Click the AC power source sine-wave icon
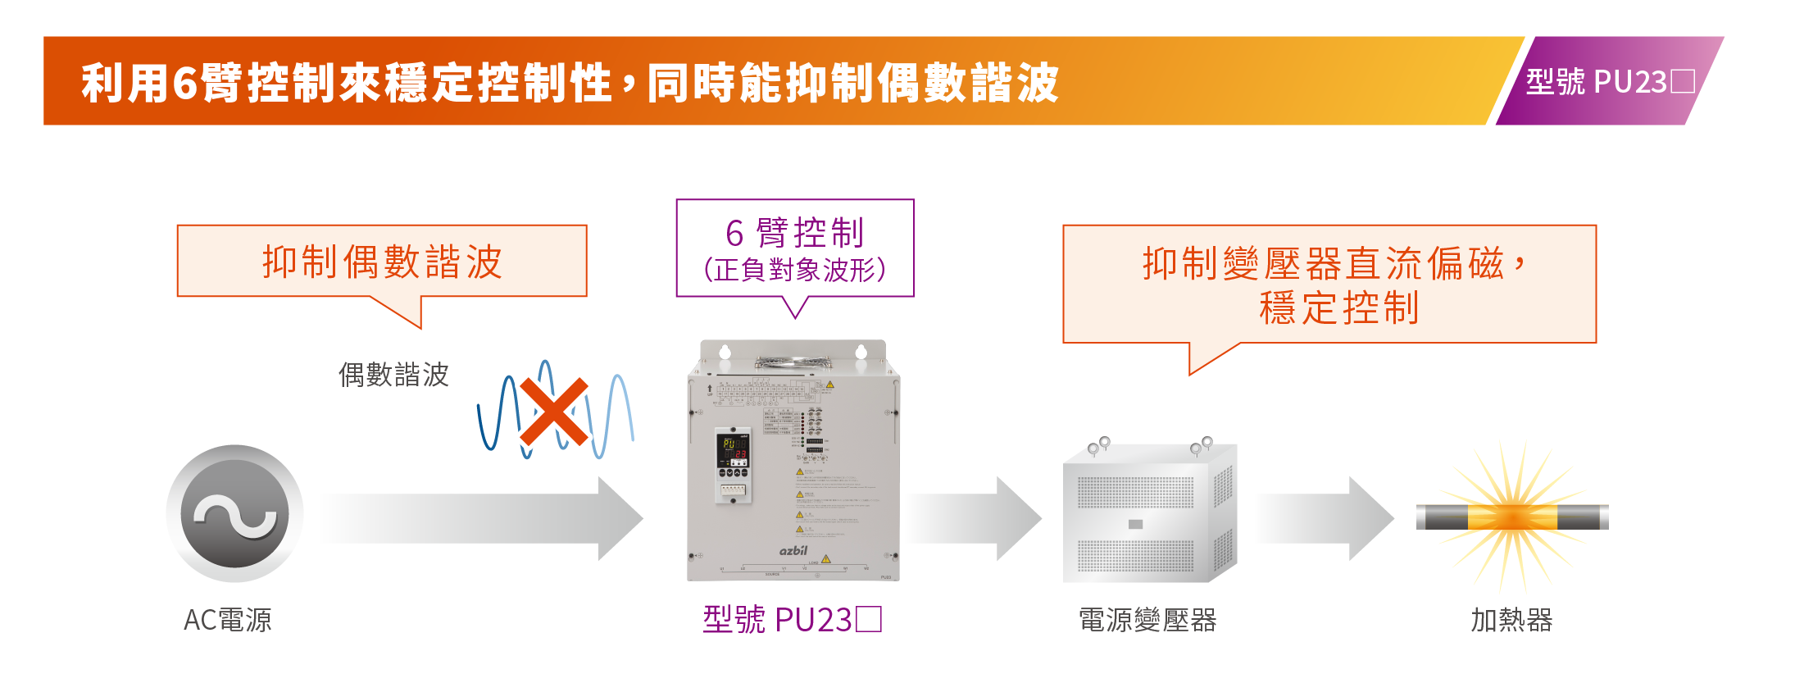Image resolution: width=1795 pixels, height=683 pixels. coord(234,514)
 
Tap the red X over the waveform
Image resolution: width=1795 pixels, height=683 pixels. coord(554,412)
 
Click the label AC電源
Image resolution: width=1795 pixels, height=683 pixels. coord(227,620)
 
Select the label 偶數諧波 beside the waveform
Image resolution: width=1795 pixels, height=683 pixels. coord(393,375)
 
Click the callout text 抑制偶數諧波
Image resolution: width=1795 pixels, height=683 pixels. coord(382,262)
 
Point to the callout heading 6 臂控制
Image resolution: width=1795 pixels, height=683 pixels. coord(794,233)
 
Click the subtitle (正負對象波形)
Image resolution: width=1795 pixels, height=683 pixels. coord(794,270)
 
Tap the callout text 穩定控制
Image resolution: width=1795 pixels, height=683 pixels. coord(1338,308)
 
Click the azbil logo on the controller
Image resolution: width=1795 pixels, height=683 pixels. coord(793,550)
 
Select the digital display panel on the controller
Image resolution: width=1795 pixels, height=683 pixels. coord(734,448)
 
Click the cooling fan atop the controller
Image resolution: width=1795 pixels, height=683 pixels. coord(793,362)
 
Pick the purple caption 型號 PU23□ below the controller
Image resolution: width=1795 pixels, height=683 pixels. coord(792,620)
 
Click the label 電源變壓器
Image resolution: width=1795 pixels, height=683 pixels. coord(1147,620)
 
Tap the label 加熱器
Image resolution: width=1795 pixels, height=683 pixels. coord(1511,620)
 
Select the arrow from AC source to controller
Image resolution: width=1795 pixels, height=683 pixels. coord(484,518)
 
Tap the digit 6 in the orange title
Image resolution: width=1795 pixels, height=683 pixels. coord(184,84)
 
